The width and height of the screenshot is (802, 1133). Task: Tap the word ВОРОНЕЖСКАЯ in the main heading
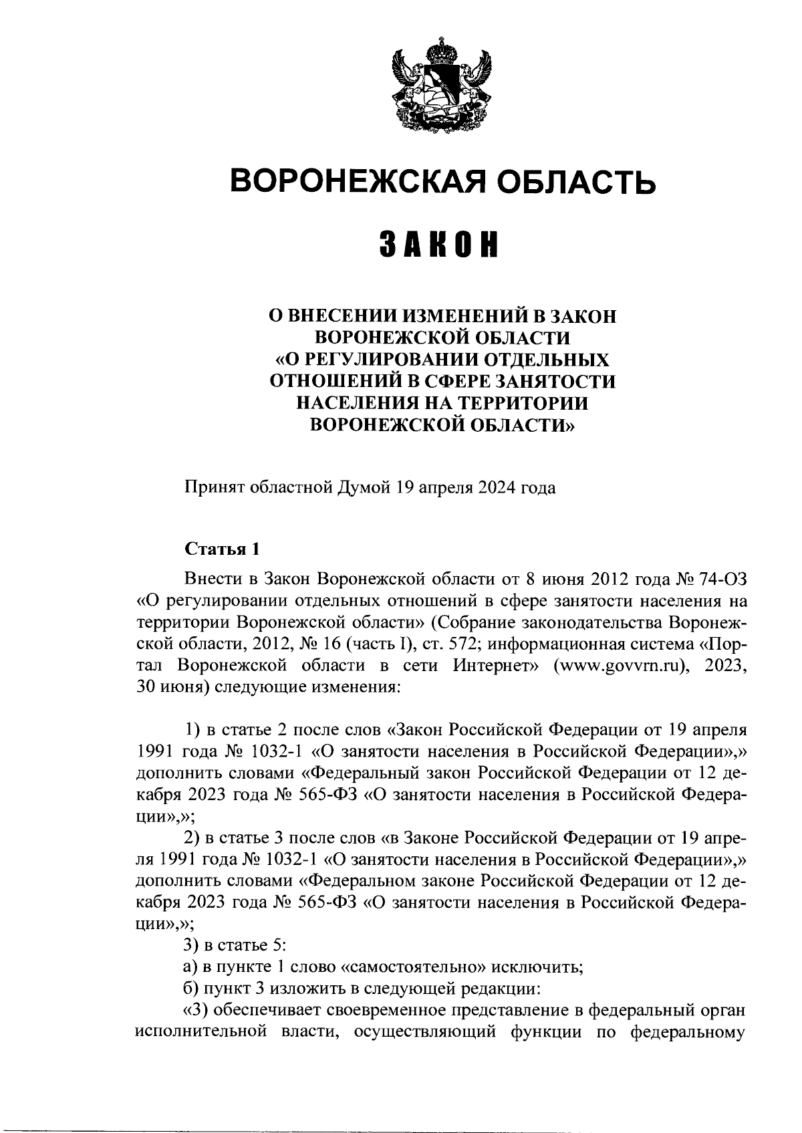[367, 181]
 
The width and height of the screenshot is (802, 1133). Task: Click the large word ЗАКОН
[440, 245]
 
